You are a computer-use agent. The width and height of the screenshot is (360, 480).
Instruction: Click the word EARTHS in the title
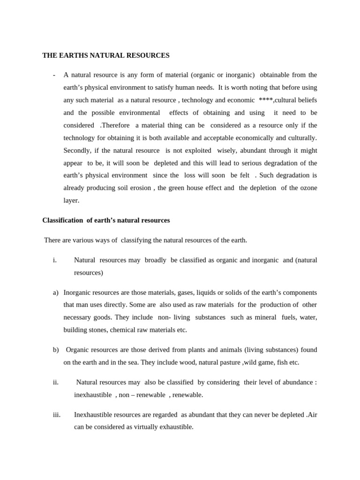tap(72, 55)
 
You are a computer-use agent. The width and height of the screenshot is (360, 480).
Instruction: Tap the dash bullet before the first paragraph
tap(54, 75)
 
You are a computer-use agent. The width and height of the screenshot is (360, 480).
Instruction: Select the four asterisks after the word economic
tap(265, 100)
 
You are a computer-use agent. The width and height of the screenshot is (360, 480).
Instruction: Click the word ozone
tap(307, 187)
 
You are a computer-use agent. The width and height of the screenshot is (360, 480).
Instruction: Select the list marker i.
tap(55, 260)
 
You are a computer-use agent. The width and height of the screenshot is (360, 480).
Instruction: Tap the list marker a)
tap(55, 292)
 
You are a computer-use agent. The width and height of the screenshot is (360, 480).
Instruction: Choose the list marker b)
tap(56, 350)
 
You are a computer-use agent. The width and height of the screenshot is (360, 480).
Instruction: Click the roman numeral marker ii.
tap(56, 382)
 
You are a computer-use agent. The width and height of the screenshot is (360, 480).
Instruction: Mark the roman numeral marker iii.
tap(57, 415)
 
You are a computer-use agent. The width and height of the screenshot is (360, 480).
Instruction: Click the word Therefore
tap(115, 125)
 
